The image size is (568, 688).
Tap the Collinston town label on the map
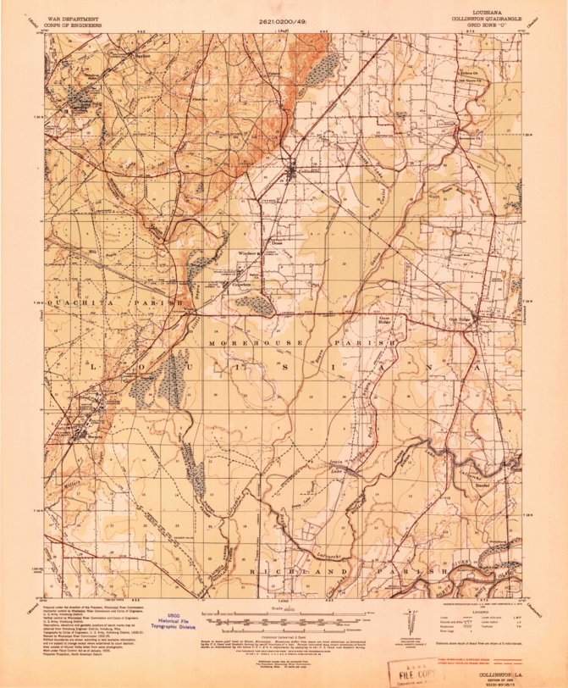[309, 171]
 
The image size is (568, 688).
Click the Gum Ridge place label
[383, 321]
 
